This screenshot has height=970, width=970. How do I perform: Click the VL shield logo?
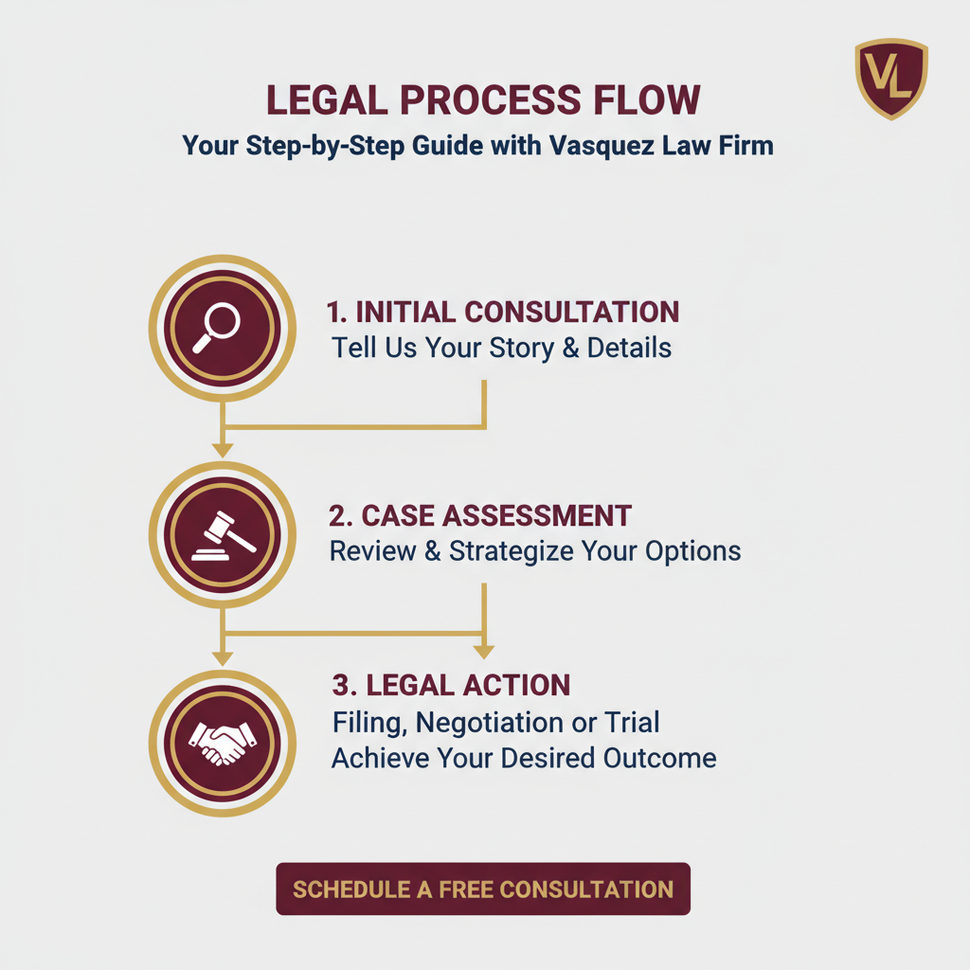coord(891,79)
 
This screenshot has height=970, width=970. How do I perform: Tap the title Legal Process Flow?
coord(483,100)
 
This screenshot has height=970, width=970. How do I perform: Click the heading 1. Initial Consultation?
coord(502,312)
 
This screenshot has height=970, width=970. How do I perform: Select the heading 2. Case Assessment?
coord(480,515)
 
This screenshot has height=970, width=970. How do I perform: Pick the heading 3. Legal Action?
coord(451,685)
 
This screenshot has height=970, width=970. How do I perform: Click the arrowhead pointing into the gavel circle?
coord(222,448)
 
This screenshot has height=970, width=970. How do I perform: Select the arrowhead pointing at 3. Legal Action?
coord(484,652)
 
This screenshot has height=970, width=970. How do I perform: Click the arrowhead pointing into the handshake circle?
coord(222,656)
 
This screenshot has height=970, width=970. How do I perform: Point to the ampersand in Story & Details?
coord(570,348)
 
